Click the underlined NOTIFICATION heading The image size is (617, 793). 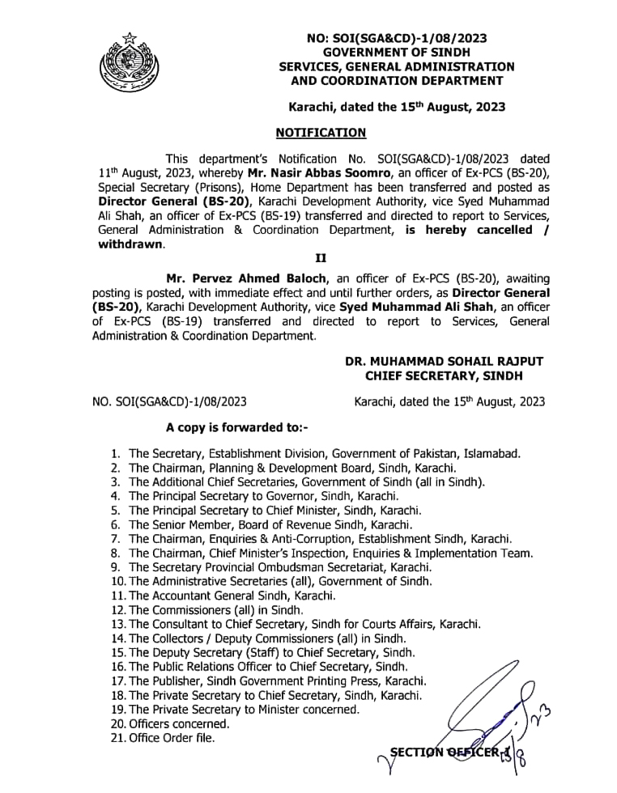point(321,133)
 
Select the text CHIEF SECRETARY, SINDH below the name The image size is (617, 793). point(444,375)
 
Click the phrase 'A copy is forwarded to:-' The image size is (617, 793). point(237,426)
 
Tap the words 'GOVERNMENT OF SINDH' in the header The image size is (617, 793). point(397,51)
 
